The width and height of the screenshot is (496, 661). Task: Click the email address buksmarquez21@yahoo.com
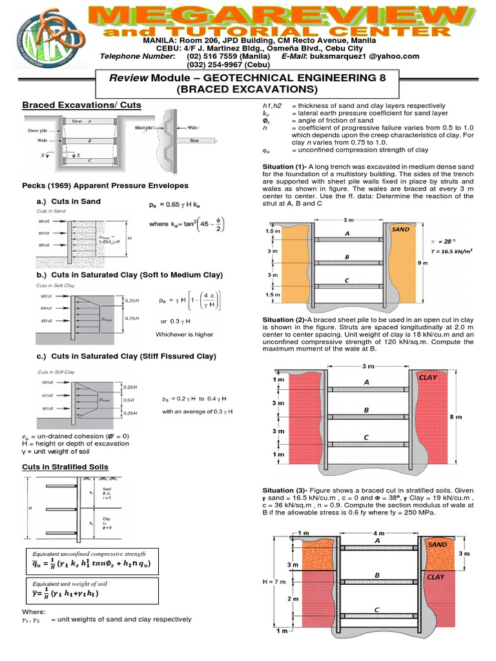tap(371, 56)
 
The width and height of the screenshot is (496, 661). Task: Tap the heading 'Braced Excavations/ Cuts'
tap(81, 105)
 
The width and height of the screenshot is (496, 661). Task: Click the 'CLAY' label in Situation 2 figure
tap(428, 376)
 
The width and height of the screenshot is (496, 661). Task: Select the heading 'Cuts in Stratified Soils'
tap(65, 467)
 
